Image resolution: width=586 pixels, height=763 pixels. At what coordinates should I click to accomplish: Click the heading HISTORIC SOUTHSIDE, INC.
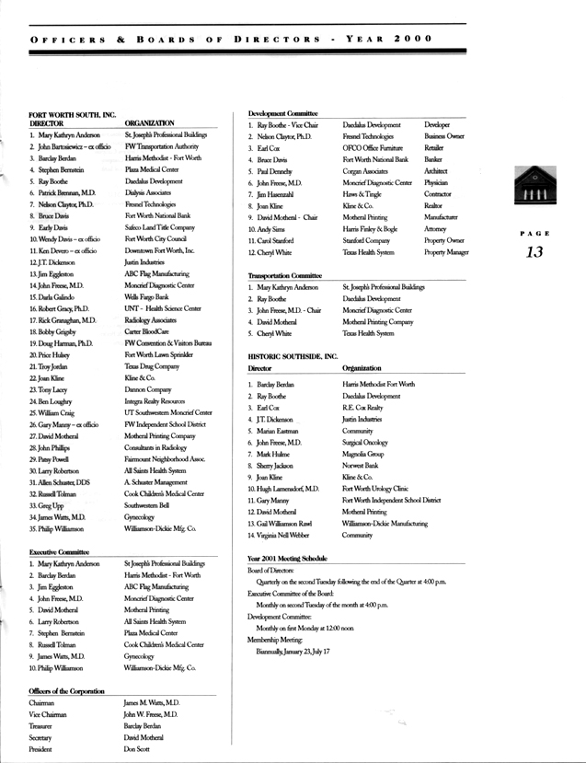tap(293, 355)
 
